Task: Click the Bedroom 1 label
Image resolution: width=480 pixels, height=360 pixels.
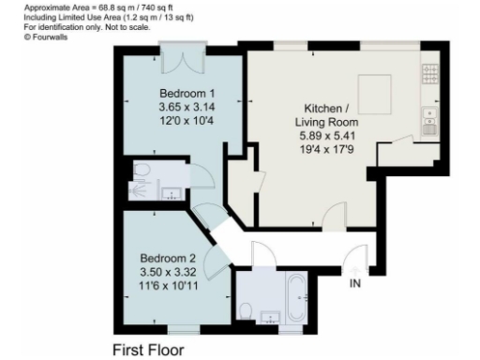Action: pyautogui.click(x=187, y=94)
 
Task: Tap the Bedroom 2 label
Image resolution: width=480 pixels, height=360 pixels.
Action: pyautogui.click(x=168, y=258)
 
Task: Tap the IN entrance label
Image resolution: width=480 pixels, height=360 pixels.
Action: pyautogui.click(x=355, y=282)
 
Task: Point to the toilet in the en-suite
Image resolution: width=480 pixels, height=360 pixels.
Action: pyautogui.click(x=141, y=171)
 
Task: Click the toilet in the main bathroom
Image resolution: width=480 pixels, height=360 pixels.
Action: pyautogui.click(x=246, y=312)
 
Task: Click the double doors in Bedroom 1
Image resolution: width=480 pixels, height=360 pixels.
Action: pyautogui.click(x=178, y=59)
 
